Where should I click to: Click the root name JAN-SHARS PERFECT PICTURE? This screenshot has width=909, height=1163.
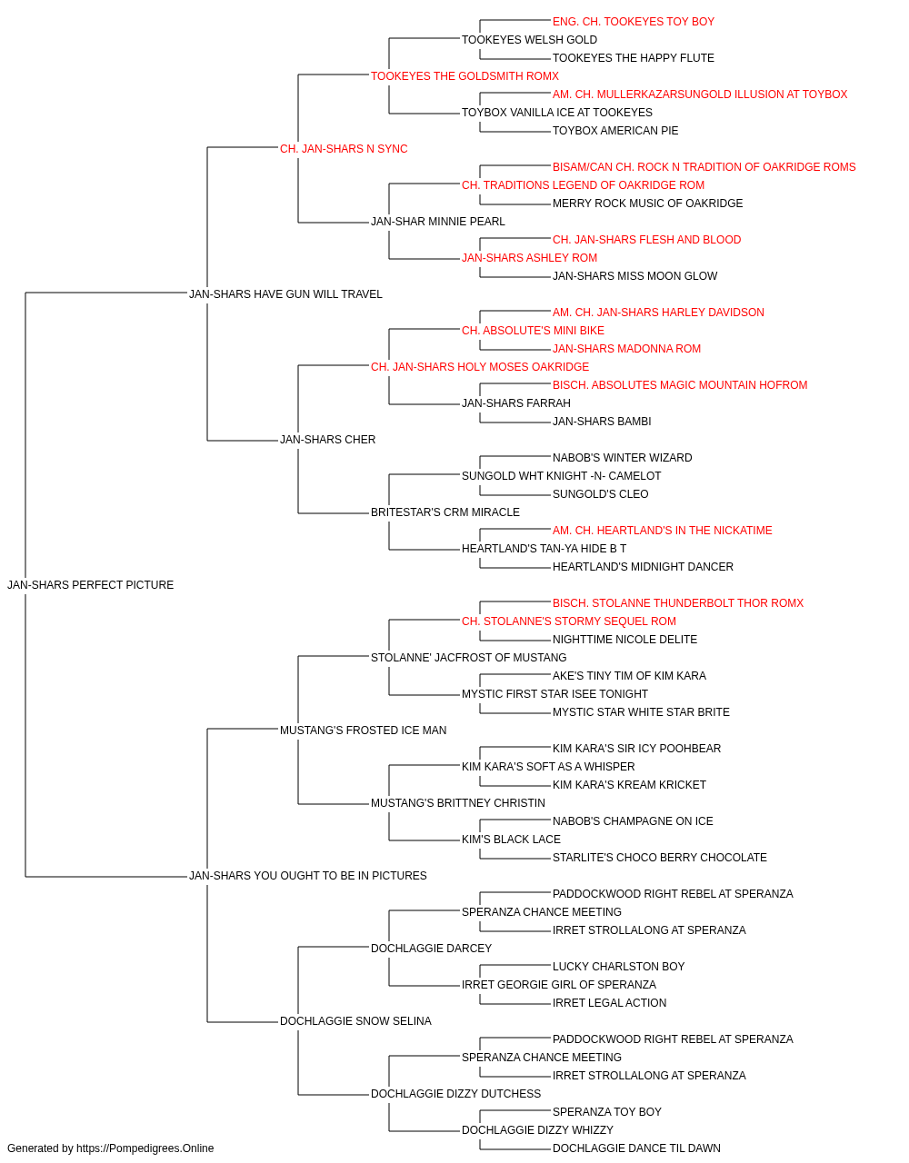pyautogui.click(x=91, y=585)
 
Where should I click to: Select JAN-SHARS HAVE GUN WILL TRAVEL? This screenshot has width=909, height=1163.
pyautogui.click(x=285, y=293)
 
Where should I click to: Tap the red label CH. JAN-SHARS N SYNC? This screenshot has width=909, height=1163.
pyautogui.click(x=344, y=149)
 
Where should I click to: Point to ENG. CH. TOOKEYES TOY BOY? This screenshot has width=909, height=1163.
pyautogui.click(x=634, y=22)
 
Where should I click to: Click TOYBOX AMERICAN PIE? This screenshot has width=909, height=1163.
pyautogui.click(x=615, y=131)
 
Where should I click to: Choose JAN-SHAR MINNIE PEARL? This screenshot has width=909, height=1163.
pyautogui.click(x=438, y=222)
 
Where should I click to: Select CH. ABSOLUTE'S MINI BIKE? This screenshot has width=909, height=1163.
pyautogui.click(x=533, y=331)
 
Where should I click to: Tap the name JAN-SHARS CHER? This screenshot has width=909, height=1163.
pyautogui.click(x=327, y=440)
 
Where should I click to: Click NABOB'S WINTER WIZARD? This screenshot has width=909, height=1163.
pyautogui.click(x=622, y=458)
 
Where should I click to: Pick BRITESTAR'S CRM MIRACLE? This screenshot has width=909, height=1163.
pyautogui.click(x=445, y=512)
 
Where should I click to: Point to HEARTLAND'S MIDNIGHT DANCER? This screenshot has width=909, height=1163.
pyautogui.click(x=643, y=567)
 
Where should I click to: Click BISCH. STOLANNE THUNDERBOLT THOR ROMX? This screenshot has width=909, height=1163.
pyautogui.click(x=678, y=603)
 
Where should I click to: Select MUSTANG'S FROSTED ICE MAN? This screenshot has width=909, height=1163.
pyautogui.click(x=363, y=731)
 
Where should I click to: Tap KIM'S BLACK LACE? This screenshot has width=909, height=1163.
pyautogui.click(x=511, y=840)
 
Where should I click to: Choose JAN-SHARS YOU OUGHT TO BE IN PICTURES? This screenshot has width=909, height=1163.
pyautogui.click(x=308, y=876)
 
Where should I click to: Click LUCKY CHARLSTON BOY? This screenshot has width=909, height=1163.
pyautogui.click(x=618, y=967)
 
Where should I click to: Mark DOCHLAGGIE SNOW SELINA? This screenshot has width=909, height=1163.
pyautogui.click(x=355, y=1021)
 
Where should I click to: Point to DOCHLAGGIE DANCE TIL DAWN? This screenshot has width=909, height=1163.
pyautogui.click(x=636, y=1148)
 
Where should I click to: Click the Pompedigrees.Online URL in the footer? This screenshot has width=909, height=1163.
pyautogui.click(x=145, y=1148)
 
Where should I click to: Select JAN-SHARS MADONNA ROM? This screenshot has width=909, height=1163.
pyautogui.click(x=626, y=349)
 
